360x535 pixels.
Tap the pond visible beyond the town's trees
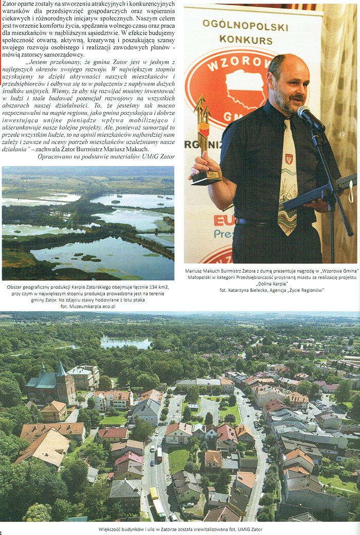pyautogui.click(x=125, y=343)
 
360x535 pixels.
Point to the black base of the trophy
pyautogui.click(x=206, y=177)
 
